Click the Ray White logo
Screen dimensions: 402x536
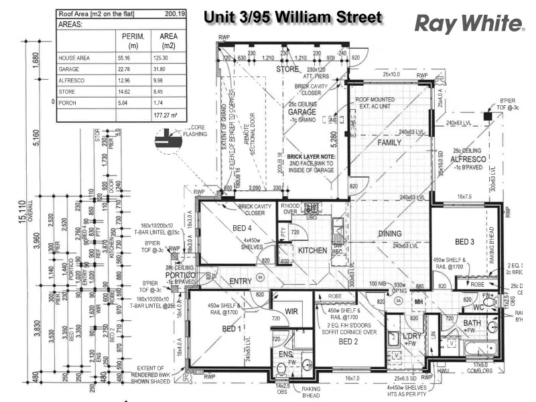pyautogui.click(x=470, y=23)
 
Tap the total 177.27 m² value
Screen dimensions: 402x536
pyautogui.click(x=164, y=115)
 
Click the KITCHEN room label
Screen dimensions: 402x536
pyautogui.click(x=312, y=251)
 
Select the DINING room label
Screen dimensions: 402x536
pyautogui.click(x=389, y=234)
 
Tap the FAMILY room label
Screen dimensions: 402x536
pyautogui.click(x=389, y=143)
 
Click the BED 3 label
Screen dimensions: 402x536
pyautogui.click(x=465, y=241)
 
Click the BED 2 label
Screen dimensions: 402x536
pyautogui.click(x=349, y=341)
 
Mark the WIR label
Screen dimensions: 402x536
pyautogui.click(x=291, y=312)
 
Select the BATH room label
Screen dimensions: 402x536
pyautogui.click(x=471, y=323)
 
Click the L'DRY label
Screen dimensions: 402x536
pyautogui.click(x=411, y=336)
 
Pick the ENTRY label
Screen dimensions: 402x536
pyautogui.click(x=240, y=281)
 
